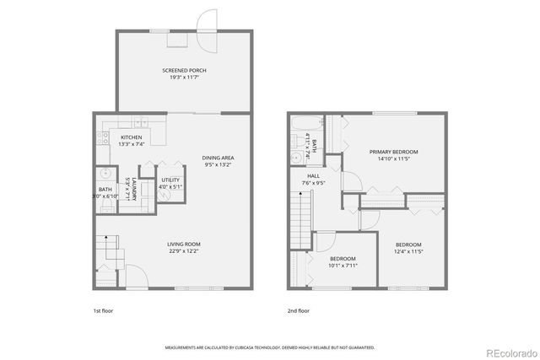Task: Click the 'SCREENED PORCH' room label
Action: [184, 70]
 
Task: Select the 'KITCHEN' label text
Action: [131, 137]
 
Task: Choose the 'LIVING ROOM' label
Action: [183, 244]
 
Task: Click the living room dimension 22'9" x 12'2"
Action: [183, 251]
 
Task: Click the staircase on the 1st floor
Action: [106, 249]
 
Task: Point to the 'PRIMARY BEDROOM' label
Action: [393, 152]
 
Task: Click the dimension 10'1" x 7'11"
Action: [342, 265]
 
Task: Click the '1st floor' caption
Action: [103, 310]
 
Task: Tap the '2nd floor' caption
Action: [297, 310]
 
